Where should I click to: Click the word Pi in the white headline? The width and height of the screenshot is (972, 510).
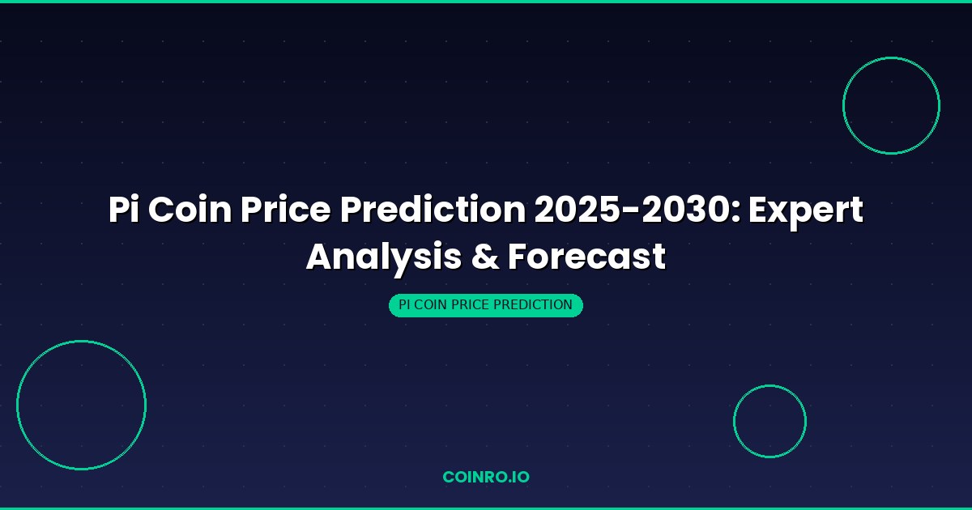(x=126, y=210)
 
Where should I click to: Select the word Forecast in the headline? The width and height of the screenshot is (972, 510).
(x=586, y=257)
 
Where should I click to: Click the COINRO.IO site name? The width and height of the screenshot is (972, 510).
(x=486, y=477)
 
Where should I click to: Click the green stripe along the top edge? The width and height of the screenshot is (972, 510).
(x=486, y=2)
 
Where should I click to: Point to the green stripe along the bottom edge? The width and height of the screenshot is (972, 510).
(x=486, y=508)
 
